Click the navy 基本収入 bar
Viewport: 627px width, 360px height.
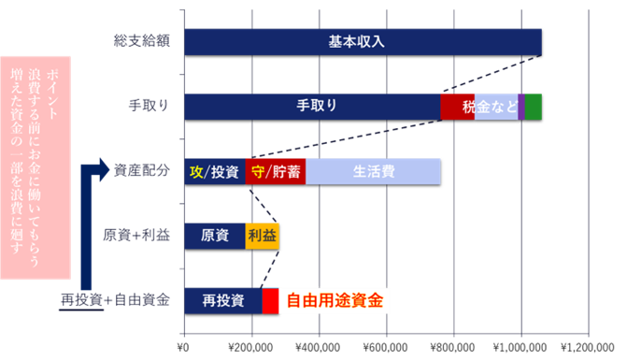363,42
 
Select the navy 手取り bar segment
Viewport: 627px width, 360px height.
312,107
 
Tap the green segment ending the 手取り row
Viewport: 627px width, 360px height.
533,107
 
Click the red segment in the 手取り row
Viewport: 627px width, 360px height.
457,107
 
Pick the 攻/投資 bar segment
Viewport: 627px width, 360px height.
215,172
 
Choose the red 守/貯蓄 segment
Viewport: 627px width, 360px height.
276,172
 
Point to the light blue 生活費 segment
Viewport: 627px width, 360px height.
373,172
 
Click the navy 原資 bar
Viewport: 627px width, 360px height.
215,236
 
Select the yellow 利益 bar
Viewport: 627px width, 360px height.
262,236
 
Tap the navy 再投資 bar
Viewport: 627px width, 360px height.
223,300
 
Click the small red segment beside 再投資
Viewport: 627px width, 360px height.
270,300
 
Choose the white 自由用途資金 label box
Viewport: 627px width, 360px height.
334,300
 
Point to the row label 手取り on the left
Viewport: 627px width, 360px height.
150,107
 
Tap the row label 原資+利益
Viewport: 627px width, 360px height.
136,236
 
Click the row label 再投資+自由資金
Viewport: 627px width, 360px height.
115,300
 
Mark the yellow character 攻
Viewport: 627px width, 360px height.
195,172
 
